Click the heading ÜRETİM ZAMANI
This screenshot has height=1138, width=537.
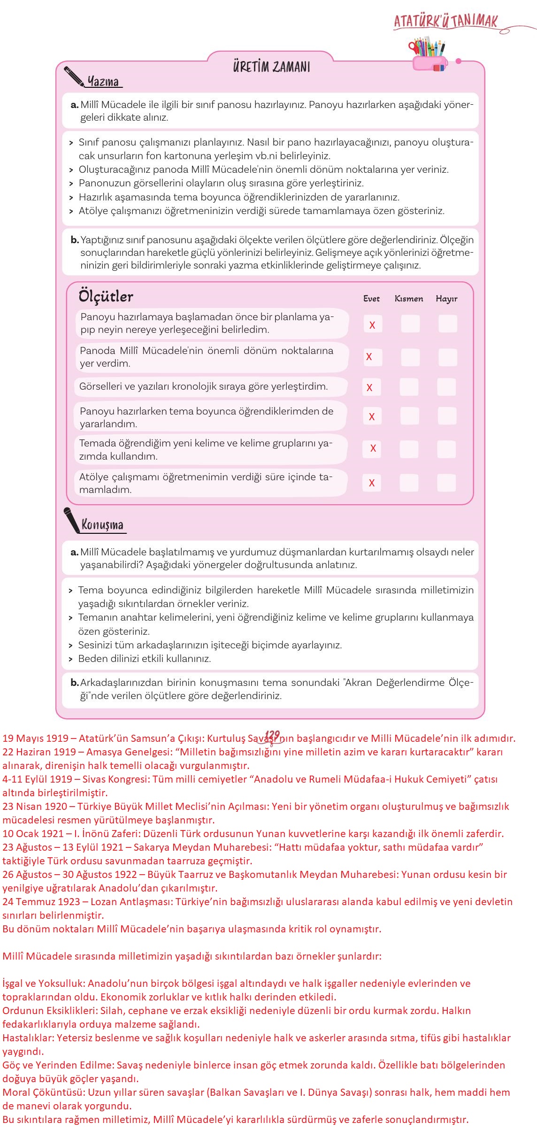click(271, 67)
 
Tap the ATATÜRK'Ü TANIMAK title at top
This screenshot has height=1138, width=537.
click(445, 21)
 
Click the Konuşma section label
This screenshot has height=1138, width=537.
click(102, 525)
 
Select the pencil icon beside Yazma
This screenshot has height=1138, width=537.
click(74, 77)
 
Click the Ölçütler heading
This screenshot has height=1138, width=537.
click(106, 297)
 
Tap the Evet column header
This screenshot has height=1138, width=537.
click(371, 299)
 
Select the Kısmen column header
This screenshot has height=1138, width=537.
click(409, 299)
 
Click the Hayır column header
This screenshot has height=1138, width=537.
click(446, 299)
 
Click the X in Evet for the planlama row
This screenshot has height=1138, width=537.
click(372, 325)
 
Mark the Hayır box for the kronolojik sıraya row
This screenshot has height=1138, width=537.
click(446, 387)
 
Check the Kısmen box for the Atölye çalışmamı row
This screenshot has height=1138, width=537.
click(409, 483)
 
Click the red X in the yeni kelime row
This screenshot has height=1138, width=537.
click(373, 449)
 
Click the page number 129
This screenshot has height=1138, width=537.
click(272, 735)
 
